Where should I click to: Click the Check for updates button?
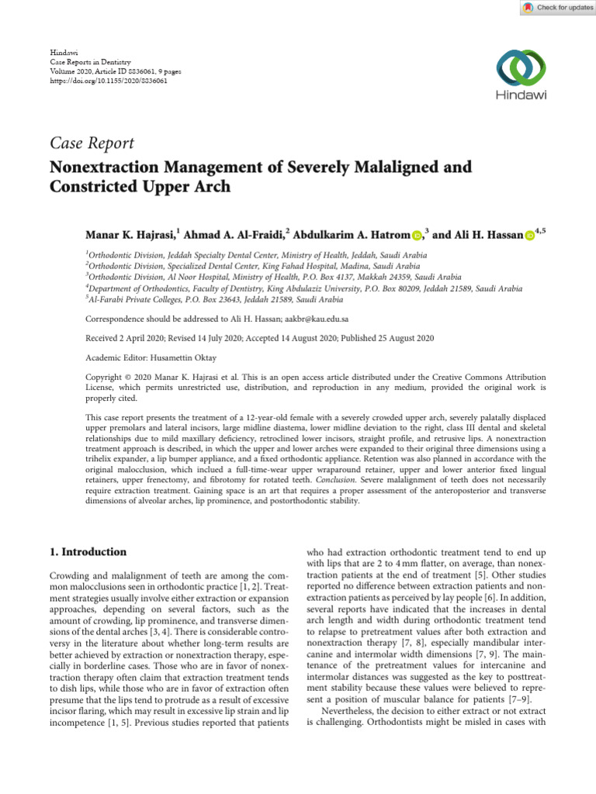(x=556, y=8)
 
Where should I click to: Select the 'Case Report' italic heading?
(x=92, y=143)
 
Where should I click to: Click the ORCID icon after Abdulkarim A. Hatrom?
(x=417, y=235)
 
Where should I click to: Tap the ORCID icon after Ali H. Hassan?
(x=531, y=235)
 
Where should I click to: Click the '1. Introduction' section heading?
(x=87, y=552)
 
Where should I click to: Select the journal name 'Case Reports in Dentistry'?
(x=90, y=60)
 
